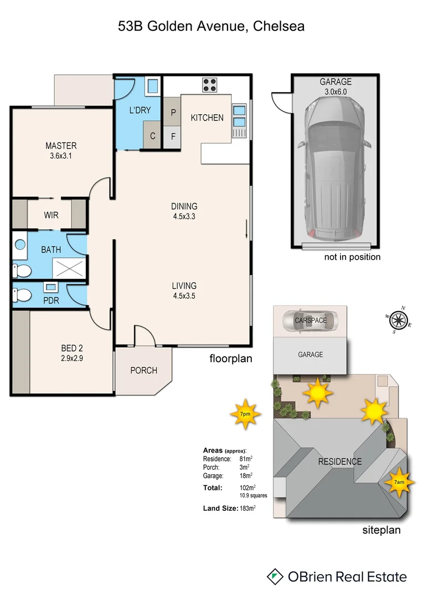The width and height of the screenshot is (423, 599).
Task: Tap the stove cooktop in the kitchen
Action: click(209, 85)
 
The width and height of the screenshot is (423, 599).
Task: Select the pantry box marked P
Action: click(173, 113)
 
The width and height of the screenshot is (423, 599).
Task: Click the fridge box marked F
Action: click(173, 136)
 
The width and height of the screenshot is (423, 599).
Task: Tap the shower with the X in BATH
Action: click(70, 268)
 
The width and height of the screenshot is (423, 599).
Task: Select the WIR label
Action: click(51, 215)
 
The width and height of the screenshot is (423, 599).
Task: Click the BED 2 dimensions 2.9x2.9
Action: click(72, 358)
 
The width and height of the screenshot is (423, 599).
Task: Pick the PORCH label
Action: click(143, 370)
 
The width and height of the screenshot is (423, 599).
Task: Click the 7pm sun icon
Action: click(245, 414)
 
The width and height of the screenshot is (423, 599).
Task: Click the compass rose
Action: click(398, 320)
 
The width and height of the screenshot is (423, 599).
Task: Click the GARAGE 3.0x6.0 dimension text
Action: click(336, 92)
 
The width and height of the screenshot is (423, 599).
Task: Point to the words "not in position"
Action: click(352, 257)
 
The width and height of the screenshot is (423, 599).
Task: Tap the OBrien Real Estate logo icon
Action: click(274, 577)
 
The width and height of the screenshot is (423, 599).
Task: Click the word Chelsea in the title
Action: click(278, 26)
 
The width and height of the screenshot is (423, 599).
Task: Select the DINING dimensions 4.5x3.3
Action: click(184, 216)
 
